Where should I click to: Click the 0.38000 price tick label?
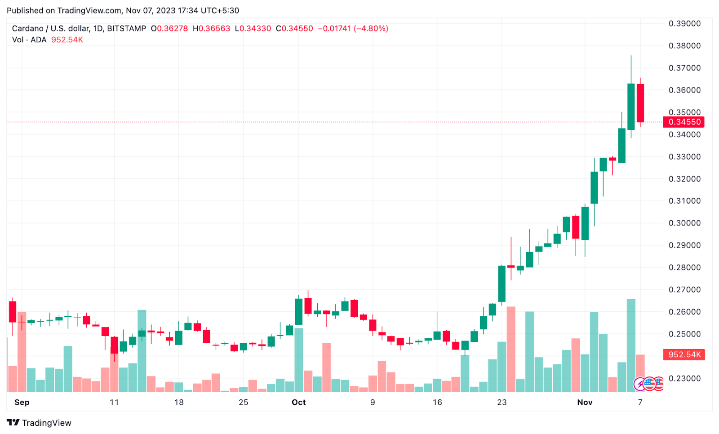coord(684,46)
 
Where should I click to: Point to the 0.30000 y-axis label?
coord(684,223)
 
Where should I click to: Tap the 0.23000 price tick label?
coord(684,379)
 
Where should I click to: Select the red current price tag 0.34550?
coord(684,122)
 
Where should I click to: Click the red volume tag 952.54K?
coord(684,355)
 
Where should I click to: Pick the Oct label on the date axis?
coord(298,403)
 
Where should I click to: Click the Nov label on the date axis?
coord(585,403)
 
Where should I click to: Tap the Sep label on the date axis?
coord(22,403)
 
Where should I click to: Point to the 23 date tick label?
coord(502,403)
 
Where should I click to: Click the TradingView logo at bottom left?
coord(39,423)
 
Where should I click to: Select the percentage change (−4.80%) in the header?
coord(371,29)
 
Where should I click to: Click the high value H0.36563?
coord(211,29)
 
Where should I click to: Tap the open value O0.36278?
coord(169,29)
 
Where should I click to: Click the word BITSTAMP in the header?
coord(126,29)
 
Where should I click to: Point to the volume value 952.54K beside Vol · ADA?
coord(67,40)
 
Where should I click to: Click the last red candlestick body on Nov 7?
coord(640,103)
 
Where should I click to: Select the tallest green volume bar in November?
coord(631,345)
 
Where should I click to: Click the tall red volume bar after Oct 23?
coord(511,349)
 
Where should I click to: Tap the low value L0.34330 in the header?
coord(253,29)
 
